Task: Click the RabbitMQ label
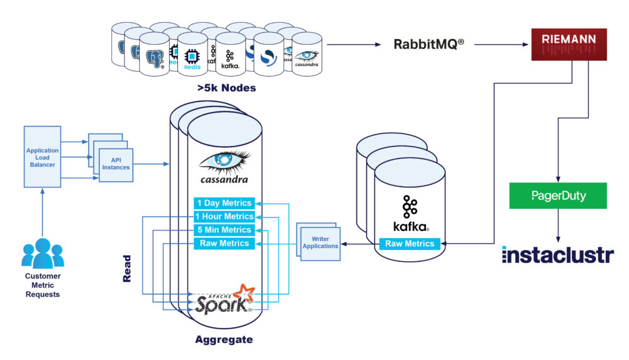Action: (x=430, y=45)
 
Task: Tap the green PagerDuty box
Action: (x=558, y=196)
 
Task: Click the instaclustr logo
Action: (x=557, y=256)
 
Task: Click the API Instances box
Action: (x=116, y=164)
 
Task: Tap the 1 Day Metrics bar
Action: (x=225, y=203)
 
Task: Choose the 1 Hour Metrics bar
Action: (x=225, y=217)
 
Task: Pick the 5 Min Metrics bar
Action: (x=225, y=230)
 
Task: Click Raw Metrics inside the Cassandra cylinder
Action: (x=225, y=244)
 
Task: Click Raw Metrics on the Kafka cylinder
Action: (x=409, y=244)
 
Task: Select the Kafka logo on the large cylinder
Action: (x=409, y=213)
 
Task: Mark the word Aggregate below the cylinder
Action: (x=223, y=340)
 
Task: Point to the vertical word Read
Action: (x=127, y=267)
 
